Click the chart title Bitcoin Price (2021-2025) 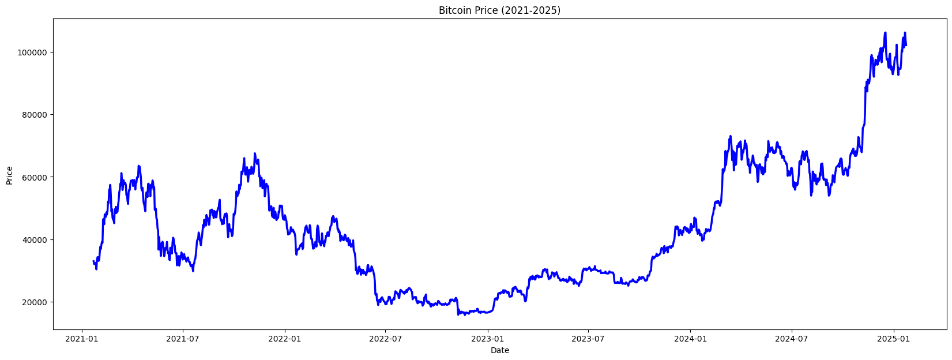pos(499,10)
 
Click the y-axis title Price pos(9,175)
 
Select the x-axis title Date pos(499,350)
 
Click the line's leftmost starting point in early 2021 pos(93,261)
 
